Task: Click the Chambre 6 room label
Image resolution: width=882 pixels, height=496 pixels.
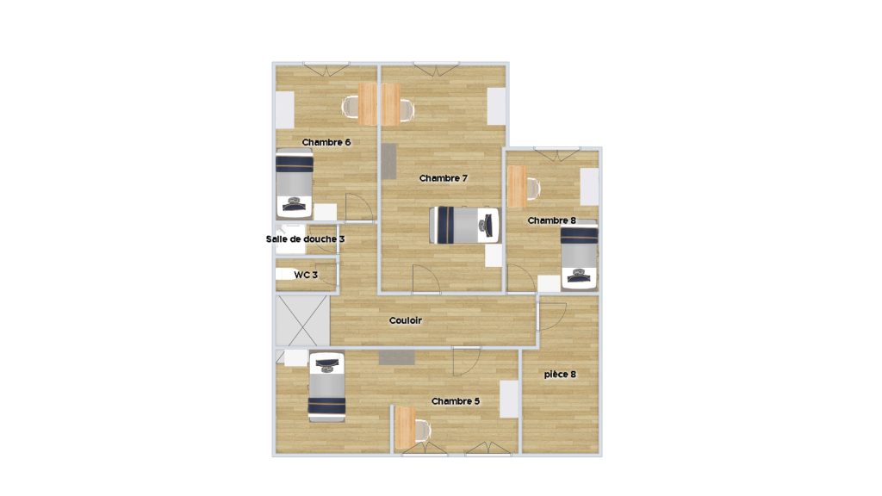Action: pyautogui.click(x=326, y=142)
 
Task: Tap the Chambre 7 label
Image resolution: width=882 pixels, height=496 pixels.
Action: pyautogui.click(x=444, y=178)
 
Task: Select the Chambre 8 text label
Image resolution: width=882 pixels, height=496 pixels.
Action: pyautogui.click(x=551, y=220)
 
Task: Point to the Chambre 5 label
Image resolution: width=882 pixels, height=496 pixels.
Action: pyautogui.click(x=456, y=401)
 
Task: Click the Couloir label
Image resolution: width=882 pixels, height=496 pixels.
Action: pyautogui.click(x=406, y=320)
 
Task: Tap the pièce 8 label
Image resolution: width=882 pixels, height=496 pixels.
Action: pyautogui.click(x=560, y=374)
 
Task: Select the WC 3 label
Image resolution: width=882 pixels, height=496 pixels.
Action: pyautogui.click(x=306, y=275)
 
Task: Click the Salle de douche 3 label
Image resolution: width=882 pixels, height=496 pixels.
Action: pyautogui.click(x=306, y=239)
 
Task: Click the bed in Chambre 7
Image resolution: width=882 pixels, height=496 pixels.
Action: pyautogui.click(x=464, y=226)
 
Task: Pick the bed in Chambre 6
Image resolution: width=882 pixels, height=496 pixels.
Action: pyautogui.click(x=295, y=184)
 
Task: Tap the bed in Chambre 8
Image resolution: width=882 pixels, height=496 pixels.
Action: pyautogui.click(x=580, y=255)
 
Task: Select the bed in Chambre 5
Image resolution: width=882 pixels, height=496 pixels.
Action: pyautogui.click(x=326, y=387)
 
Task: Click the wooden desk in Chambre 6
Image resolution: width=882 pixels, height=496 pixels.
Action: pyautogui.click(x=367, y=104)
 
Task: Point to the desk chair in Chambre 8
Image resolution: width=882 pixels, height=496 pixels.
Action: pyautogui.click(x=533, y=189)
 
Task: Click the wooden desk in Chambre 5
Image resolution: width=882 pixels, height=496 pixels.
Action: pyautogui.click(x=405, y=428)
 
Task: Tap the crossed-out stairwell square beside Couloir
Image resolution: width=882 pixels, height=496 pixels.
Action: pyautogui.click(x=302, y=320)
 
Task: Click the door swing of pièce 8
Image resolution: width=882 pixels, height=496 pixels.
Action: pyautogui.click(x=552, y=317)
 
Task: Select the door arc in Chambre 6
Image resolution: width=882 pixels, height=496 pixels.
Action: pyautogui.click(x=359, y=207)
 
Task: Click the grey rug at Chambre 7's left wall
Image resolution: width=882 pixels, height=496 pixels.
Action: pyautogui.click(x=388, y=161)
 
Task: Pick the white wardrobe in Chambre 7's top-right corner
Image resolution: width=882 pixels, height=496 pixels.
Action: pyautogui.click(x=496, y=106)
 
